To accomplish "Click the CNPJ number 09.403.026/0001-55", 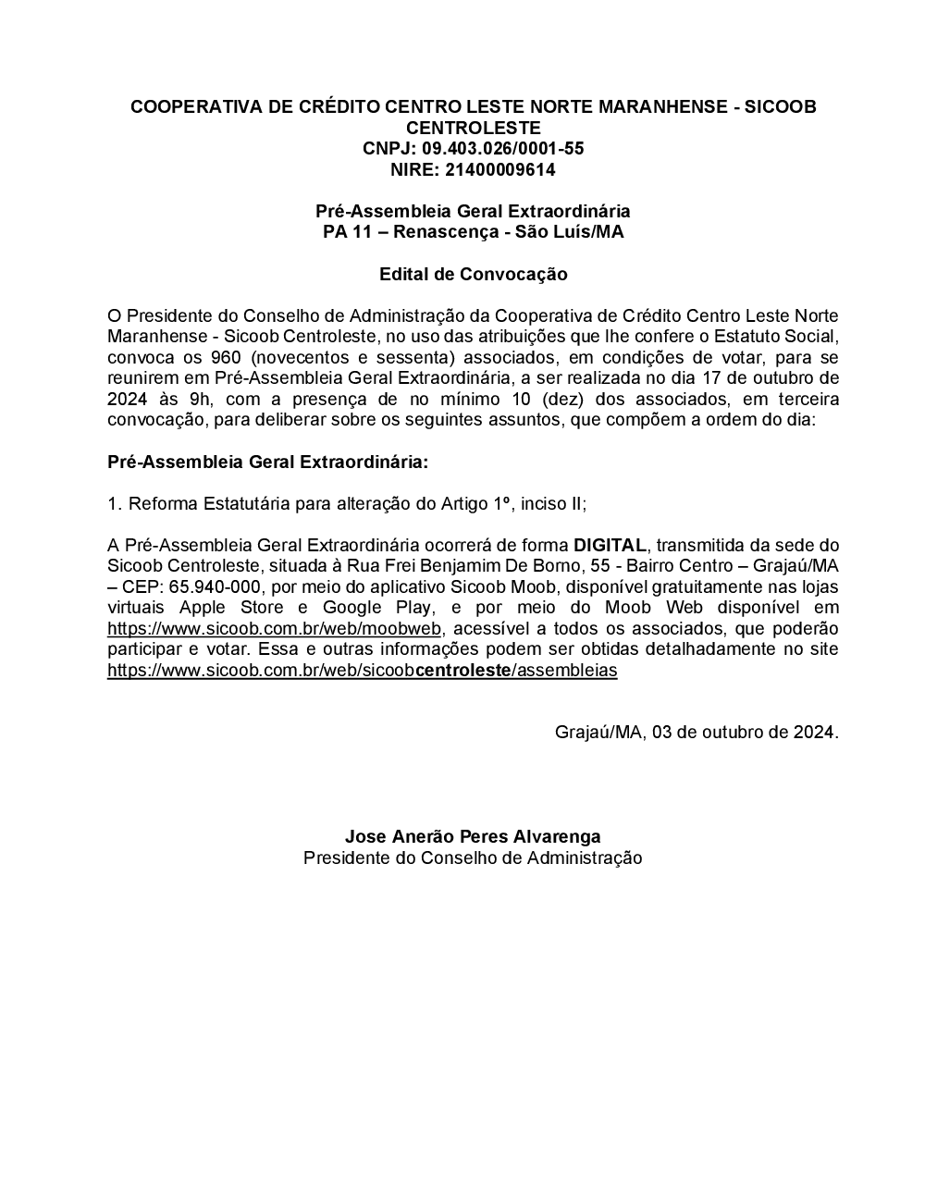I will (503, 149).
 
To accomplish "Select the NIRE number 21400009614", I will (500, 170).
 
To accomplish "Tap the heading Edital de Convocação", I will (473, 275).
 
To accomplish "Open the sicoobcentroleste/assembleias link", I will (362, 671).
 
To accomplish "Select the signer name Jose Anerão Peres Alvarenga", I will (473, 837).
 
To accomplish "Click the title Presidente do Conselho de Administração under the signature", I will (473, 858).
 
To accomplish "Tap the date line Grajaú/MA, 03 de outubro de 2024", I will (697, 733).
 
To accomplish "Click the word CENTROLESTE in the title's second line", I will (473, 128).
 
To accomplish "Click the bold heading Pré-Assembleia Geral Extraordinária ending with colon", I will (268, 462).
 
